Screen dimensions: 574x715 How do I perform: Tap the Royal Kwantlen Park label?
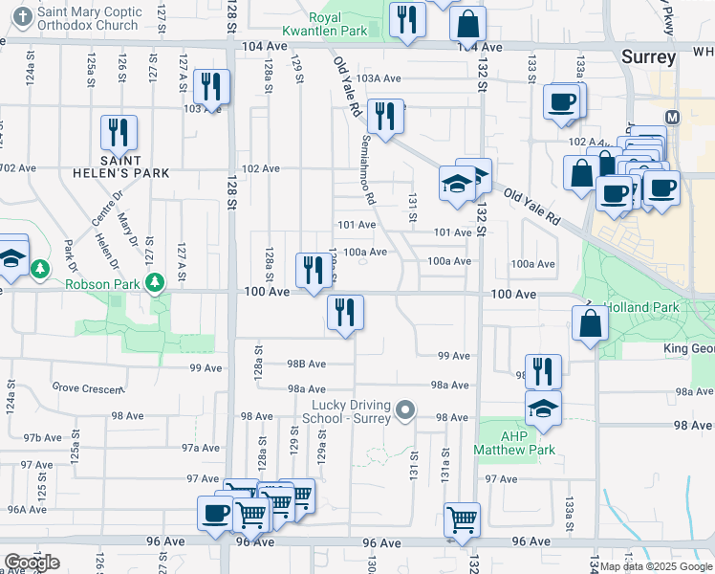(x=339, y=24)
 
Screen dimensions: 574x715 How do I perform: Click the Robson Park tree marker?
(x=153, y=283)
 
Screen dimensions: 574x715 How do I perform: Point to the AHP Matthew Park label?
(x=514, y=442)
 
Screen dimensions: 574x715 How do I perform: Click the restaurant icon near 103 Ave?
(x=209, y=87)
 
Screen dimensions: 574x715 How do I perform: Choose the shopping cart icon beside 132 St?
(x=462, y=519)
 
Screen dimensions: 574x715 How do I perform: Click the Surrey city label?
(x=649, y=56)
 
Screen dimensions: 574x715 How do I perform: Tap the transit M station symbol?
(x=672, y=118)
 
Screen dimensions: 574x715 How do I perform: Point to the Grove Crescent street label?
(x=87, y=388)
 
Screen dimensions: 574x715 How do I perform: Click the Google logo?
(x=32, y=563)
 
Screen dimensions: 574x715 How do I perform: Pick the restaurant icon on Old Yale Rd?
(x=384, y=118)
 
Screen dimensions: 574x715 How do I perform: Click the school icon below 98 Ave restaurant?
(x=543, y=408)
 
